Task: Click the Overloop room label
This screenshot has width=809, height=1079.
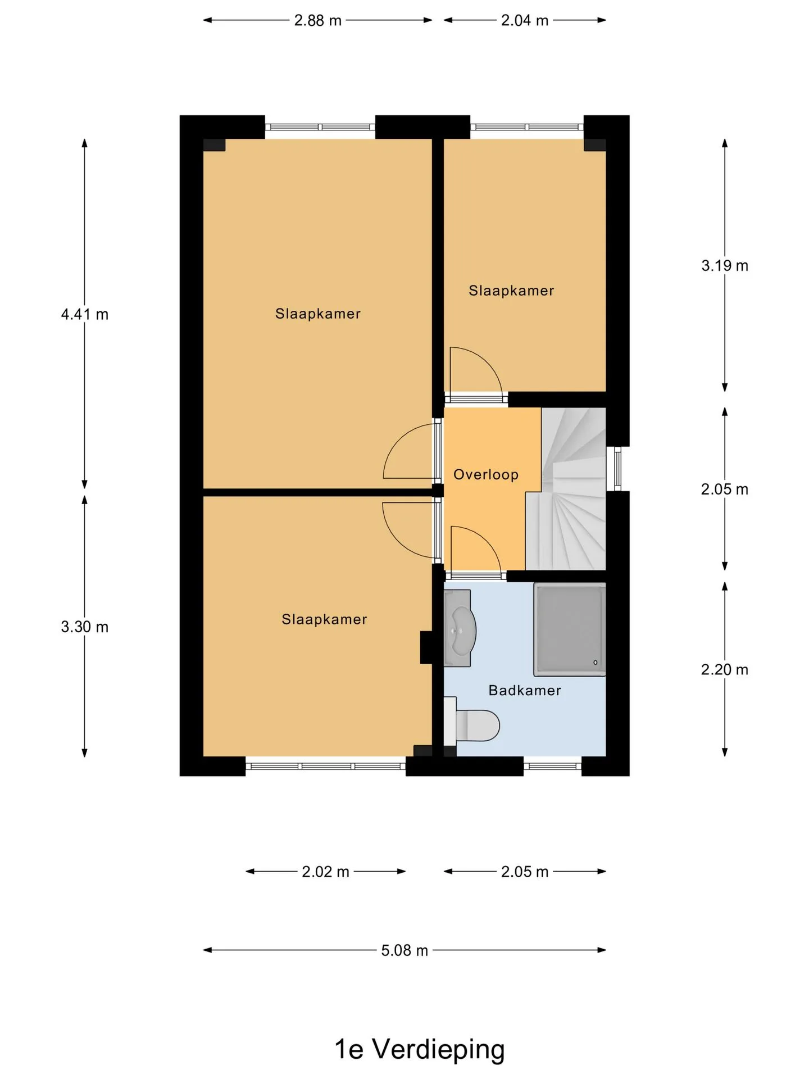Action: [486, 474]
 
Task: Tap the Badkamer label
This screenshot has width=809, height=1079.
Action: [525, 690]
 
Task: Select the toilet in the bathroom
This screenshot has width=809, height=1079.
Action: [472, 725]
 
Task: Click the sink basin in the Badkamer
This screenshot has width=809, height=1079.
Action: [460, 628]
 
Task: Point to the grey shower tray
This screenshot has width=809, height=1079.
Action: [570, 629]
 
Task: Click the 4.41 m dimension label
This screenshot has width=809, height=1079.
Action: [85, 314]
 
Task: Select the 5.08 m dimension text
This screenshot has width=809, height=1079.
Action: [404, 950]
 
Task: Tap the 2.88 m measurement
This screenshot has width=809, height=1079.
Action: [318, 20]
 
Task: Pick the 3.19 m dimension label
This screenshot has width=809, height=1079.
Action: [725, 265]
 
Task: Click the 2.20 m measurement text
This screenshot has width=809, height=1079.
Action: [725, 669]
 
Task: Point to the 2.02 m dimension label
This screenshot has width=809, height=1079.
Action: [326, 872]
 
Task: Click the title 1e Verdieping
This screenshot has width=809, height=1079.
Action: [420, 1049]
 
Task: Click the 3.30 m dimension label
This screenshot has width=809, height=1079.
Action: [85, 627]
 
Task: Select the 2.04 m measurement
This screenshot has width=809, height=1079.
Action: [525, 20]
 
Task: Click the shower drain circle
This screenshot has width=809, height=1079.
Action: [596, 663]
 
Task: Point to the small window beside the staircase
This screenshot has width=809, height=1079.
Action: [618, 469]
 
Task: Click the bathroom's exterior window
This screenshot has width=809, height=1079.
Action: [553, 765]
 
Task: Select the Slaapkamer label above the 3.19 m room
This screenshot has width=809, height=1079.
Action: [511, 291]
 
